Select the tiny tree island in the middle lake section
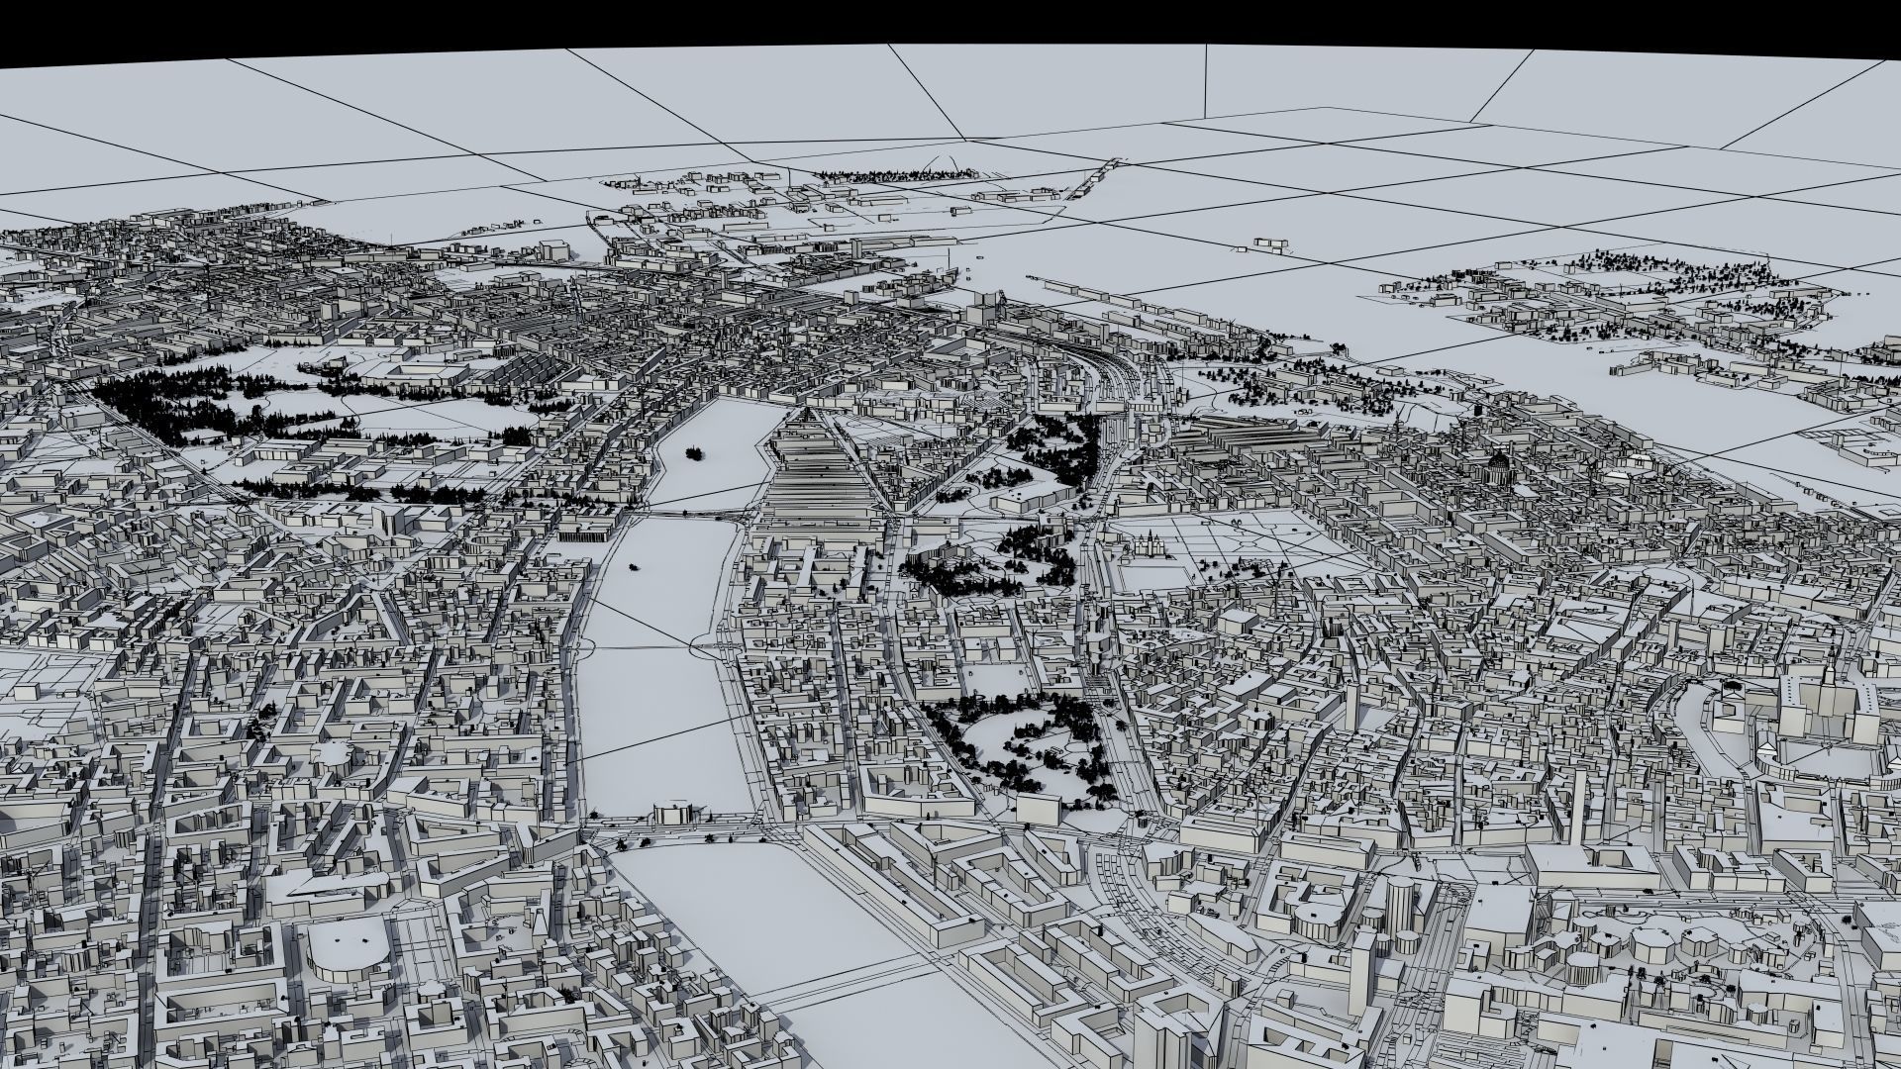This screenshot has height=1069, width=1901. pos(632,568)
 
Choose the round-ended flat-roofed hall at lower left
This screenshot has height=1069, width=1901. pos(342,950)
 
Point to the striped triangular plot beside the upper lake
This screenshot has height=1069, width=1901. pos(822,475)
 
